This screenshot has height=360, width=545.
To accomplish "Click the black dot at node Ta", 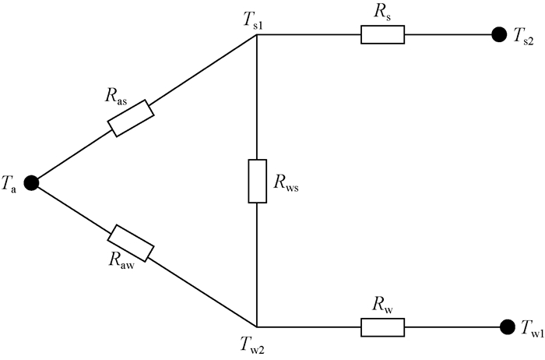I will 32,182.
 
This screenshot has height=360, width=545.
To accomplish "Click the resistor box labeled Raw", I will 131,242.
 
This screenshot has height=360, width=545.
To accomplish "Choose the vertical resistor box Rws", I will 258,181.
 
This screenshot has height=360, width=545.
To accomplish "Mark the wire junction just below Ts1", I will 258,35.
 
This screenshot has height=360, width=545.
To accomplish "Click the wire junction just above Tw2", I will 258,326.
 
